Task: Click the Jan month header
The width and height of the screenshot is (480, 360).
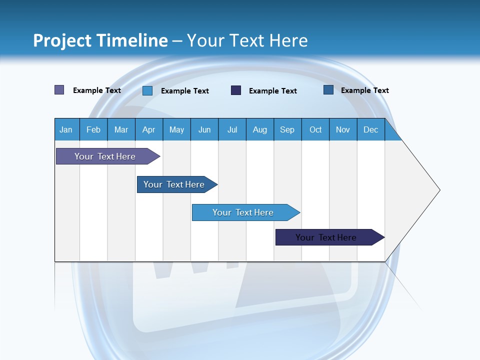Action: point(66,129)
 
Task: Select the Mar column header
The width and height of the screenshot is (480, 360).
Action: point(121,129)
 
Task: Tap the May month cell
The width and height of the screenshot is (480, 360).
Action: point(176,129)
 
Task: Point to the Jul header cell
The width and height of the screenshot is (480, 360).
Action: point(232,129)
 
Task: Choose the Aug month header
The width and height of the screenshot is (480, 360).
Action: point(260,129)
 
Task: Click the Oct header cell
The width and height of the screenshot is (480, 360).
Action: point(315,129)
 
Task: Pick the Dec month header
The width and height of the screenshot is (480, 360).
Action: point(370,129)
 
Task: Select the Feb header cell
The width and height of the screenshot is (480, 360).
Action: point(93,129)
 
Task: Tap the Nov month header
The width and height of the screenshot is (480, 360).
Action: point(343,129)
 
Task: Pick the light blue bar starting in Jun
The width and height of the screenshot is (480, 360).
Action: point(243,212)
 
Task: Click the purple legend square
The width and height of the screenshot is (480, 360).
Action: point(59,90)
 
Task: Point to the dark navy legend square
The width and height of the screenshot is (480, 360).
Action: point(236,90)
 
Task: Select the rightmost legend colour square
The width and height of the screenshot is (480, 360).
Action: point(328,90)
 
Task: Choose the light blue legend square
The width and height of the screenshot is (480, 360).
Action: point(147,90)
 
